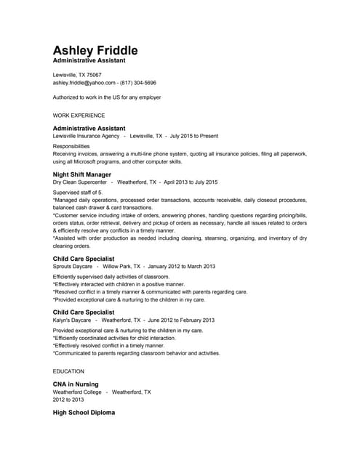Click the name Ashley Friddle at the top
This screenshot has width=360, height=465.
(x=95, y=51)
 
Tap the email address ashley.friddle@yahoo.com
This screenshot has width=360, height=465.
(x=84, y=83)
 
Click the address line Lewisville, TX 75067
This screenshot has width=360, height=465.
(x=77, y=75)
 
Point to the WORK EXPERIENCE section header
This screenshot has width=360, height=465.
(x=79, y=116)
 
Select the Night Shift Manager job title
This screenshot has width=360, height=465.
(x=82, y=175)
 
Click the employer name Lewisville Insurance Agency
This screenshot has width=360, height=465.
(x=86, y=136)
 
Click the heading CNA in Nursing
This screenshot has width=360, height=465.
(x=76, y=384)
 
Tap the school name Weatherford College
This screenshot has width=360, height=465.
(x=77, y=392)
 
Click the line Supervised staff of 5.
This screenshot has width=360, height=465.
(x=78, y=192)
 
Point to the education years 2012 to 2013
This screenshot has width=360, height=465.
(x=68, y=400)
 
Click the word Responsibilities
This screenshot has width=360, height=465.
(x=71, y=146)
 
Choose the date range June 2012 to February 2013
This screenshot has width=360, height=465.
(x=181, y=320)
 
